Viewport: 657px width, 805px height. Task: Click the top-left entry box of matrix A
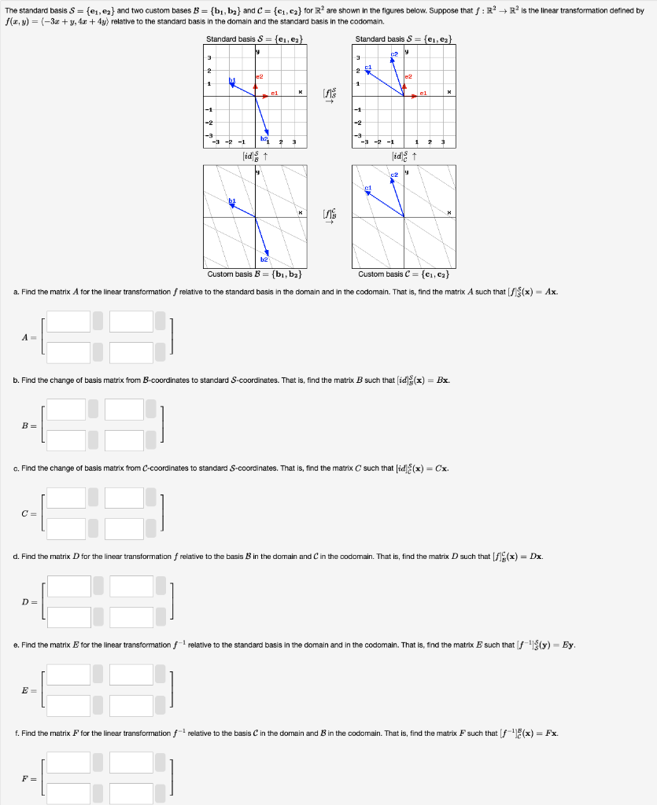[68, 322]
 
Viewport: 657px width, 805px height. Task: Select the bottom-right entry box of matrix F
[131, 793]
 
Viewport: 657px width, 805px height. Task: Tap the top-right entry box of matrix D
[131, 586]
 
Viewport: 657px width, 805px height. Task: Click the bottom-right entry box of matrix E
[131, 705]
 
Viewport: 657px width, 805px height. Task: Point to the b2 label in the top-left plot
[264, 138]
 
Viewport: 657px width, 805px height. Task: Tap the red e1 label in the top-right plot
[423, 93]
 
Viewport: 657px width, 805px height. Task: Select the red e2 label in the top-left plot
[259, 76]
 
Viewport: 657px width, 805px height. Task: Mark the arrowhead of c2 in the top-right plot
[391, 60]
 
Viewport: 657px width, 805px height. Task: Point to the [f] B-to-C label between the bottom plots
[329, 214]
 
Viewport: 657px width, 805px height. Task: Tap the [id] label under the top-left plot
[253, 155]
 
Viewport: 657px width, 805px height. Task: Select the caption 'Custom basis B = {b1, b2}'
[254, 274]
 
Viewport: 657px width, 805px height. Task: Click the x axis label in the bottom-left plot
[300, 212]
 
